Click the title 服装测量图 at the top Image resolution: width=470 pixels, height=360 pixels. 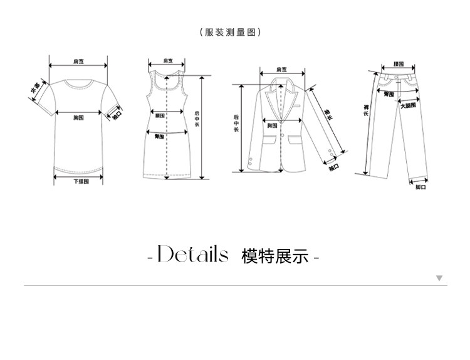229,33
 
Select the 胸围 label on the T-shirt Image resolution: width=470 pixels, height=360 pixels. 79,117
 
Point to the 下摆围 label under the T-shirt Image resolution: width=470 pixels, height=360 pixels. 79,182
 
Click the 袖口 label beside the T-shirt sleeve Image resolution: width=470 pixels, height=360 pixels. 117,115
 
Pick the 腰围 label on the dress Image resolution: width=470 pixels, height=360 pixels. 160,115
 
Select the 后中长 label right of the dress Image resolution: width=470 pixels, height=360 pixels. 197,119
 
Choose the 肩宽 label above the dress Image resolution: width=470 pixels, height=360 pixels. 167,61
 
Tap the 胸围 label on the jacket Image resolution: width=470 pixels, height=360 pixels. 272,126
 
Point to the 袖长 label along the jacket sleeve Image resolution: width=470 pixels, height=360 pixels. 328,115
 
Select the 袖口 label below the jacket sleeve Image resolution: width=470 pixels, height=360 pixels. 334,167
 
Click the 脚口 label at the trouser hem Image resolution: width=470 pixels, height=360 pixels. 420,188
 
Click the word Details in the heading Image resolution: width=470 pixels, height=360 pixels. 192,256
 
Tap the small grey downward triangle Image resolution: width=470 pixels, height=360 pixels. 439,277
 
